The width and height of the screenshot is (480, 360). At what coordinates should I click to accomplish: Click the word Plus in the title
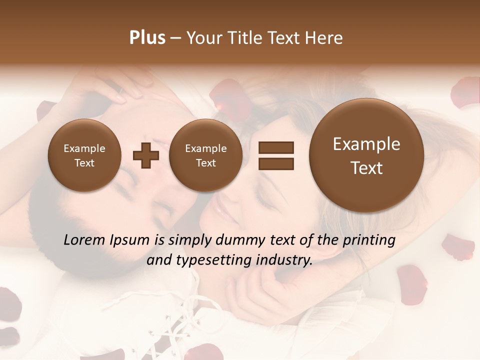pos(147,38)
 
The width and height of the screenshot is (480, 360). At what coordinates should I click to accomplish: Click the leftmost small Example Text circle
pos(84,155)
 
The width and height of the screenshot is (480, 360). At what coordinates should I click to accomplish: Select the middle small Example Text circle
pos(205,155)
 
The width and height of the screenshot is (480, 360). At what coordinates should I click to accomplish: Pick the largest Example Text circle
pos(366,155)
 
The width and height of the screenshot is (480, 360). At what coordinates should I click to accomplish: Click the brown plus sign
pos(145,155)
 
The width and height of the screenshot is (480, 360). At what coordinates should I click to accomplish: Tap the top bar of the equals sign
pos(275,147)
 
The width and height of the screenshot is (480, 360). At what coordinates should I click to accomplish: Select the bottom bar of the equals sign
pos(275,163)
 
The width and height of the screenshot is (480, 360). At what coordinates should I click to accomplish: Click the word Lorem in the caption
pos(83,240)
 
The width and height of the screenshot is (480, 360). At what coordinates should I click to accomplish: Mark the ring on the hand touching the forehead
pos(119,91)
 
